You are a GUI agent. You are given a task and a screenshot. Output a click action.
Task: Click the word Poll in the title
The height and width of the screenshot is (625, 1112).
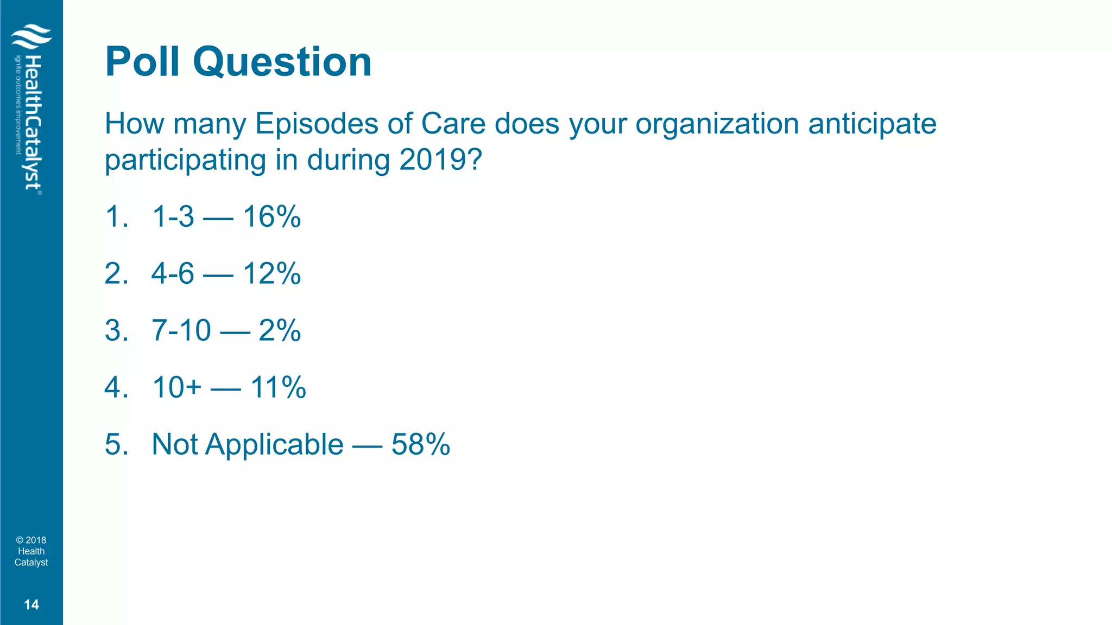(x=142, y=62)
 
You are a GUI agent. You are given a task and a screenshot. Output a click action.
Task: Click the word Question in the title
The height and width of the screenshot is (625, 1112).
(x=282, y=63)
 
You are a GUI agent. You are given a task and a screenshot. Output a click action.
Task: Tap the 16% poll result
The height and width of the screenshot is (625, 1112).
(x=271, y=217)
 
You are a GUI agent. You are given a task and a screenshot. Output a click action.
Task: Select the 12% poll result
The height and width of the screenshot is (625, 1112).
(x=271, y=273)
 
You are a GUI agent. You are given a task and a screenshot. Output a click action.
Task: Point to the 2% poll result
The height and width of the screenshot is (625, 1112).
(x=280, y=330)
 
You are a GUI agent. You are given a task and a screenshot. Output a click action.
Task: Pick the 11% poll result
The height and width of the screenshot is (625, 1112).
(x=278, y=387)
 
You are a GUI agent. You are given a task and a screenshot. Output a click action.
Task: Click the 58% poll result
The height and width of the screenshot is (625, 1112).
(x=421, y=444)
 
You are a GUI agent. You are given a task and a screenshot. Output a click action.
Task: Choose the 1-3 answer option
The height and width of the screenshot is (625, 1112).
(x=173, y=217)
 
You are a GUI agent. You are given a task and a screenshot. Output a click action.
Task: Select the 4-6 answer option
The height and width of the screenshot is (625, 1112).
(x=173, y=273)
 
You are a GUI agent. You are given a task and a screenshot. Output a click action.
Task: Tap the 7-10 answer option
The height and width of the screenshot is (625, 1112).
(x=181, y=330)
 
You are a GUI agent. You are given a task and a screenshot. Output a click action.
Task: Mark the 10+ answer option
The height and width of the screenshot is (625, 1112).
(x=177, y=387)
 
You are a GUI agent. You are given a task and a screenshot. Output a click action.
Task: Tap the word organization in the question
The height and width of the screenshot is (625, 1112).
(x=717, y=125)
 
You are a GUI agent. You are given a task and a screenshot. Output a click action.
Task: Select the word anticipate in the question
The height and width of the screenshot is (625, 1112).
(x=872, y=125)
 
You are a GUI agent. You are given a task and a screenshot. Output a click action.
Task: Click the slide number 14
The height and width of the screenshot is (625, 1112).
(x=31, y=605)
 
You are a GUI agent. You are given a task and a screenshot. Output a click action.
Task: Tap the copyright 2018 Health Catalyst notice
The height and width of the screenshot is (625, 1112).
(x=31, y=551)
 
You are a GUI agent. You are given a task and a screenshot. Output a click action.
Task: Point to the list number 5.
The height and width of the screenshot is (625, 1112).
(x=115, y=444)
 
